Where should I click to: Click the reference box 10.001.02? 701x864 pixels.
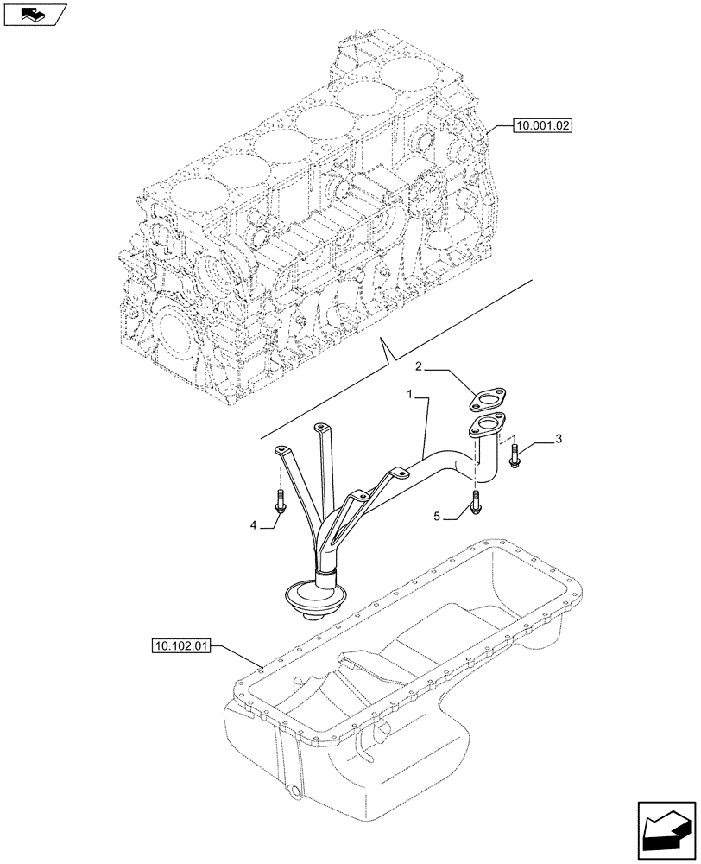[541, 125]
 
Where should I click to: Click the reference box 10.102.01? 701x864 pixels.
[185, 645]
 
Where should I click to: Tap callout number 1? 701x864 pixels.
[413, 393]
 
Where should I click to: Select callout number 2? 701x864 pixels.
[418, 366]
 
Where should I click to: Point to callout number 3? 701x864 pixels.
[559, 441]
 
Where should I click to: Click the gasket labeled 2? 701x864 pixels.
[489, 400]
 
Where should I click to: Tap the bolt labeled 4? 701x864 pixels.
[280, 499]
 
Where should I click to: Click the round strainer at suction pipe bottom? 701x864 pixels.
[317, 597]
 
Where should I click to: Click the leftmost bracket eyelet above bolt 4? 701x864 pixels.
[281, 449]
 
